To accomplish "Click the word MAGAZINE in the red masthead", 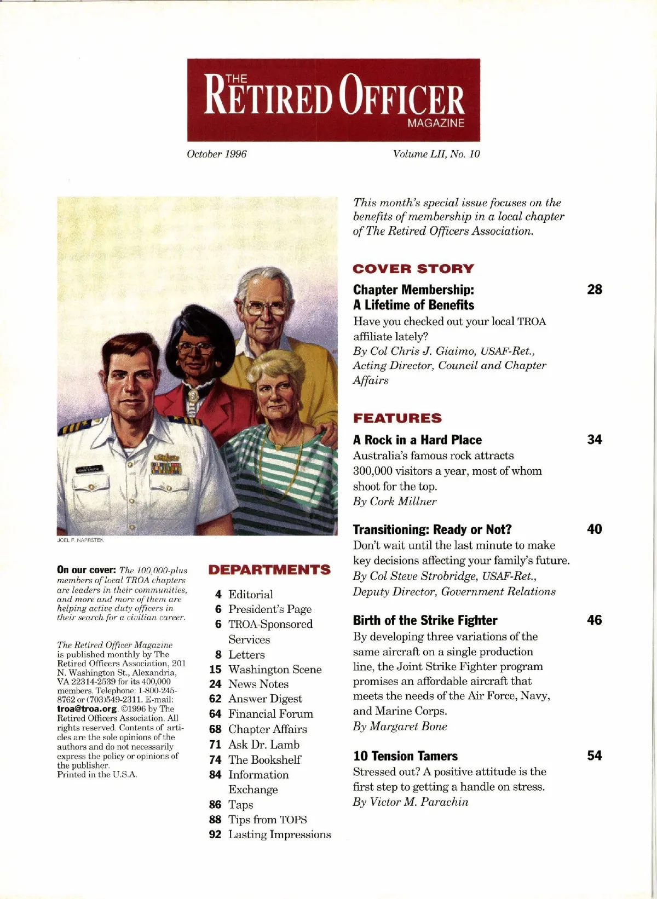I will (x=436, y=123).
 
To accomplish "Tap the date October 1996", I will (x=217, y=154).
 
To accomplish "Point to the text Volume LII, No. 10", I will (x=436, y=154).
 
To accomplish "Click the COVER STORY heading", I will (x=413, y=269).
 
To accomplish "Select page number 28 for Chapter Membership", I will (x=594, y=290).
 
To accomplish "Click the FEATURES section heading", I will (x=397, y=418).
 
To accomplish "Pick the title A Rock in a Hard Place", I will (x=417, y=440).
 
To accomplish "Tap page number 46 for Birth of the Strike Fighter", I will (x=594, y=620).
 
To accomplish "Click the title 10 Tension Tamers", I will (x=405, y=756).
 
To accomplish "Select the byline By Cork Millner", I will (x=395, y=502).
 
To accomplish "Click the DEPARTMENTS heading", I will (x=269, y=570).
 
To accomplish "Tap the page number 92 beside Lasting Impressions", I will (x=215, y=834).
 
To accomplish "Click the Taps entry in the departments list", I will (x=241, y=805).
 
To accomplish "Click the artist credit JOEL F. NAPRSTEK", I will (x=80, y=540).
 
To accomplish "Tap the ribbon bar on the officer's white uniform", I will (x=166, y=468).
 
